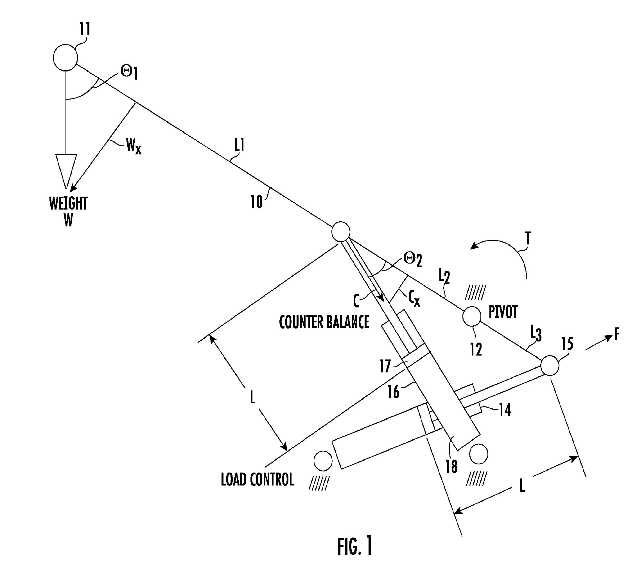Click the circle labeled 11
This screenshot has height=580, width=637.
[65, 58]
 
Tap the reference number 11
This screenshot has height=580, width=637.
[85, 29]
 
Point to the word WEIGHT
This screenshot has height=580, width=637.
[68, 204]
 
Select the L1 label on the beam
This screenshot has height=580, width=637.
[240, 146]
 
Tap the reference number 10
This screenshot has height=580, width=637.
[257, 202]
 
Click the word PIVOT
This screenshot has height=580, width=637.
[503, 312]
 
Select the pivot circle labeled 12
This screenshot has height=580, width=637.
[472, 316]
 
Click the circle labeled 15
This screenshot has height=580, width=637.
[550, 365]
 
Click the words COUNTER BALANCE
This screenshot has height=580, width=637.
[324, 322]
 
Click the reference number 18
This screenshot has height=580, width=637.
[452, 467]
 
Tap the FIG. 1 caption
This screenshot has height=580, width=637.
[355, 547]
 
